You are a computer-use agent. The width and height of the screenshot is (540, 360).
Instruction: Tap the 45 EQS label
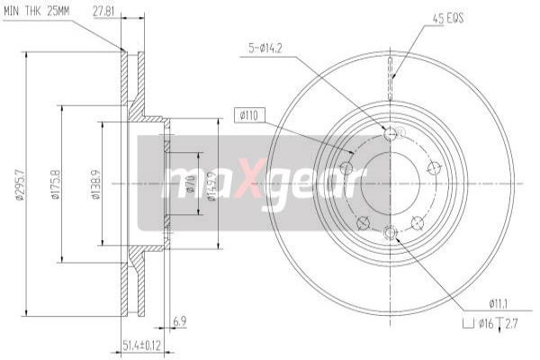point(449,17)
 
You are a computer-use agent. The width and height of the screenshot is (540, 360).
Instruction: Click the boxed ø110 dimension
point(249,114)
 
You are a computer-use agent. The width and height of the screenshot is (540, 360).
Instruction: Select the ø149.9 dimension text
point(211,184)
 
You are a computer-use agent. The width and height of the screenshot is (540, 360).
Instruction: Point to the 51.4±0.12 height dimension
point(142,344)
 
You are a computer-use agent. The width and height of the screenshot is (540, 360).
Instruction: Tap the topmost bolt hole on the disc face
point(390,134)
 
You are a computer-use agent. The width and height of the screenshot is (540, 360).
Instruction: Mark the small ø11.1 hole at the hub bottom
point(390,234)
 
